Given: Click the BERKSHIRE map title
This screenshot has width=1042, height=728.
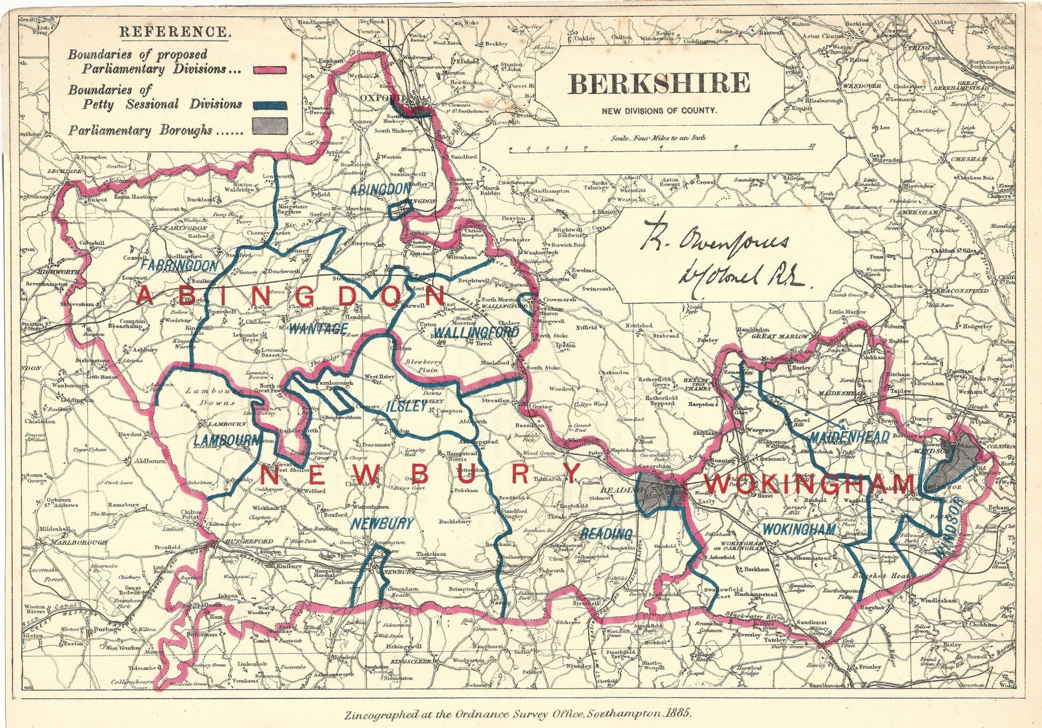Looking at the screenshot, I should click(659, 84).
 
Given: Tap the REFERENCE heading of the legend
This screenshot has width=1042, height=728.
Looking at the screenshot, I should click(174, 32).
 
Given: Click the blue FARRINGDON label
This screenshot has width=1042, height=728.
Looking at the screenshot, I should click(180, 266).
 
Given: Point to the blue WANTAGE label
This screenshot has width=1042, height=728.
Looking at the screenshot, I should click(318, 330).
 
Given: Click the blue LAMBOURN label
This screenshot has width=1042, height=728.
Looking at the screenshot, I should click(227, 441).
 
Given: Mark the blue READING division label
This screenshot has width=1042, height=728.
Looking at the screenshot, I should click(606, 533).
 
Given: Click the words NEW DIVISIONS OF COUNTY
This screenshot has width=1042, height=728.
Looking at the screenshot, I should click(659, 111).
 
